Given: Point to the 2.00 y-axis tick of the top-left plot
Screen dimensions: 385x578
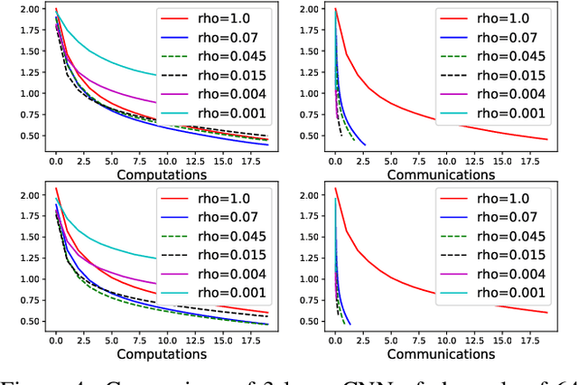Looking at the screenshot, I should pos(28,9).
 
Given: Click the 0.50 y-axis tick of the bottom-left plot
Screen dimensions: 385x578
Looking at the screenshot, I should pos(28,322).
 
